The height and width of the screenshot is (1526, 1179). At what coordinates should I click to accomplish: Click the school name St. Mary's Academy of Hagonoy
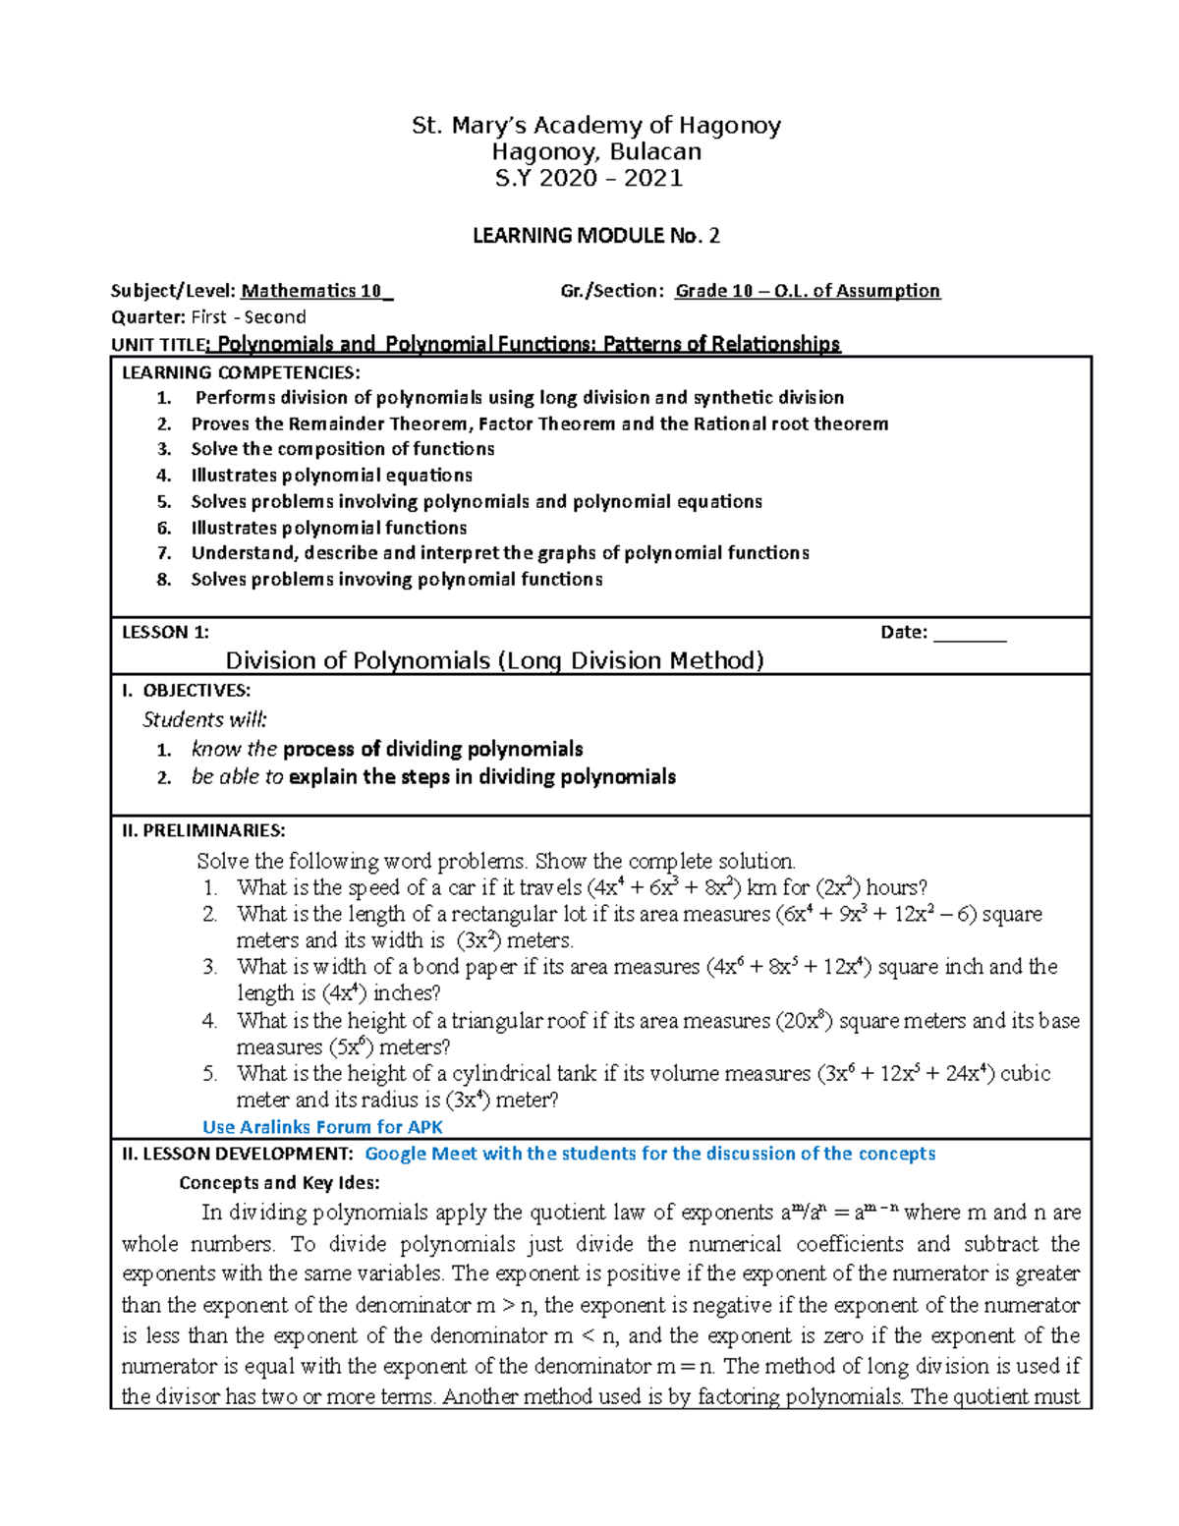coord(595,126)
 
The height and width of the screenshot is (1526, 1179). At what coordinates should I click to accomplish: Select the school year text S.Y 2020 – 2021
coord(589,178)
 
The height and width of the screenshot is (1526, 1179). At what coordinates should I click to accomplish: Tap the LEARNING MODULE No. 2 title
coord(595,236)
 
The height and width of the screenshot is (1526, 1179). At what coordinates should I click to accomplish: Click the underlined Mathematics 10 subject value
coord(316,291)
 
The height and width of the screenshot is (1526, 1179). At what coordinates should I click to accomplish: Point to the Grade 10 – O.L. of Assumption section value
coord(808,291)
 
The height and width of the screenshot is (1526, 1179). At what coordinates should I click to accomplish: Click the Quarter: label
coord(148,317)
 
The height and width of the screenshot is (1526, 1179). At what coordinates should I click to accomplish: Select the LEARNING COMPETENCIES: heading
coord(241,372)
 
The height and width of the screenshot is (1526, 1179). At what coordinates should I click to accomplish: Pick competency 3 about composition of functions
coord(342,449)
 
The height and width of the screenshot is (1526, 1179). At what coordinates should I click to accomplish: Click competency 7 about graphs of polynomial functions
coord(499,553)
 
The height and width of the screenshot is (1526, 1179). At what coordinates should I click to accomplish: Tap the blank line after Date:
coord(970,633)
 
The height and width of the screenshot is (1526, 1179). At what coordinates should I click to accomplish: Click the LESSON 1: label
coord(165,633)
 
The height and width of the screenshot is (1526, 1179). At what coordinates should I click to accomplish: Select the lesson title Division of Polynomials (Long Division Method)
coord(494,660)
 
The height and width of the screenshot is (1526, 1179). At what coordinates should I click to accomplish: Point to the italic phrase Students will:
coord(204,719)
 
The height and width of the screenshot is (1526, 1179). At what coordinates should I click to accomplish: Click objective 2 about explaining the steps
coord(432,777)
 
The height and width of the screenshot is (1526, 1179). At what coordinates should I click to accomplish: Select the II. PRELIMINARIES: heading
coord(203,831)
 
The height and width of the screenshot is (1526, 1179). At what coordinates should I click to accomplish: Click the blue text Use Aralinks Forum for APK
coord(322,1127)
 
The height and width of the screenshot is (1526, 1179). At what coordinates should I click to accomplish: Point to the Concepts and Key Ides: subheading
coord(279,1183)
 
